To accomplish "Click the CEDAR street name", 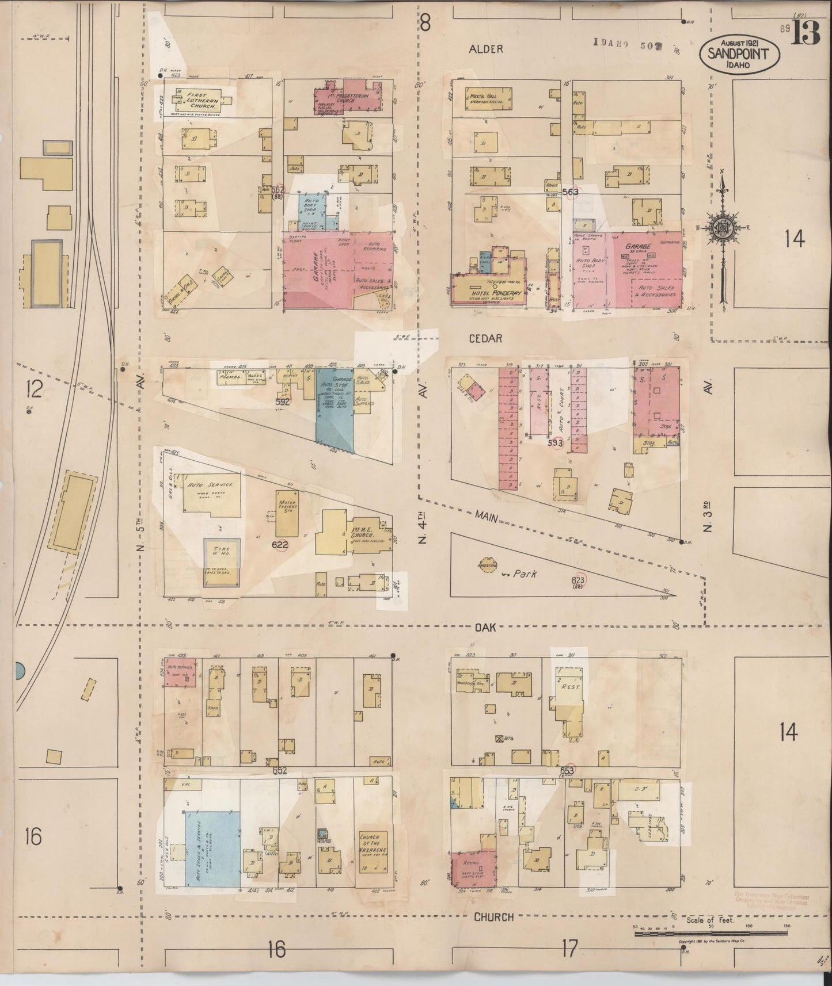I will coord(486,339).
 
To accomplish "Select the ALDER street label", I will coord(485,49).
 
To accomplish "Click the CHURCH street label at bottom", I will coord(493,917).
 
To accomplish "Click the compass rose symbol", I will coord(723,227).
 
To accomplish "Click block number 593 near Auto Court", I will coord(555,442).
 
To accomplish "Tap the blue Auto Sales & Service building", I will coord(212,848).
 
